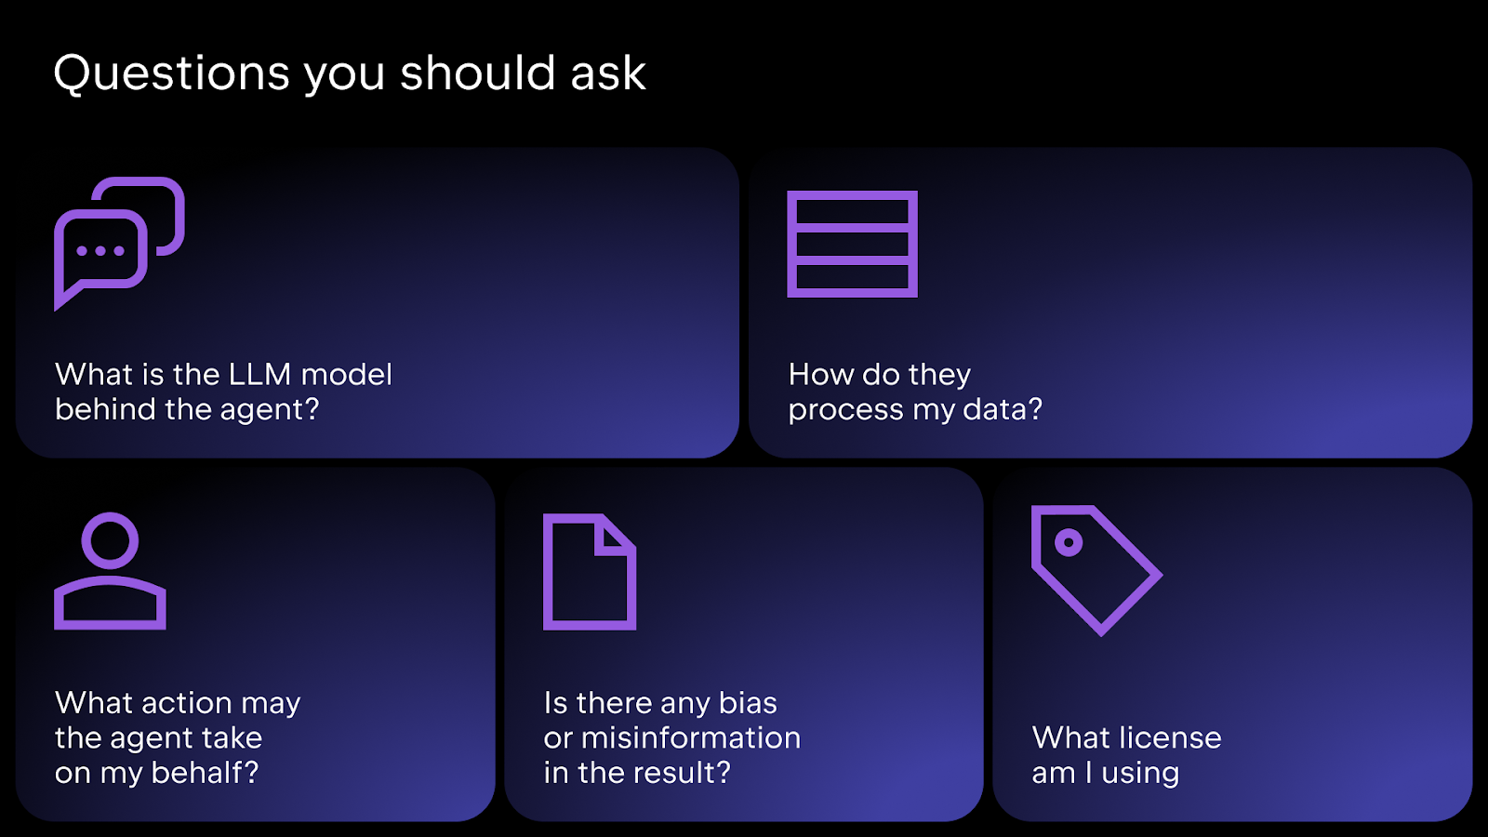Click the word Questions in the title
(x=171, y=73)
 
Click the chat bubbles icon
(x=120, y=244)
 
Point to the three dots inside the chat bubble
(x=100, y=251)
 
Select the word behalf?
(x=205, y=773)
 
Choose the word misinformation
(x=691, y=738)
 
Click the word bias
(x=748, y=703)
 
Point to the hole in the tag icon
(x=1069, y=543)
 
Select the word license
(x=1170, y=737)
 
